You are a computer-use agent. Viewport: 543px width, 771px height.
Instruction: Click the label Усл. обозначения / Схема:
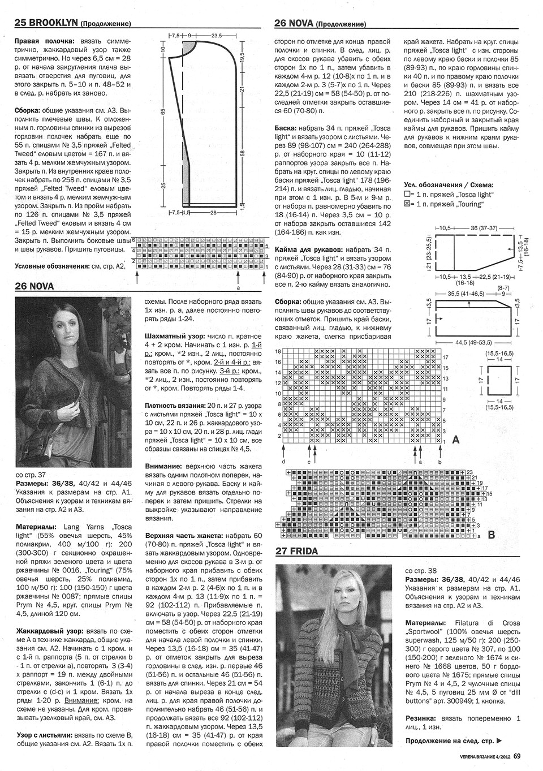coord(449,185)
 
